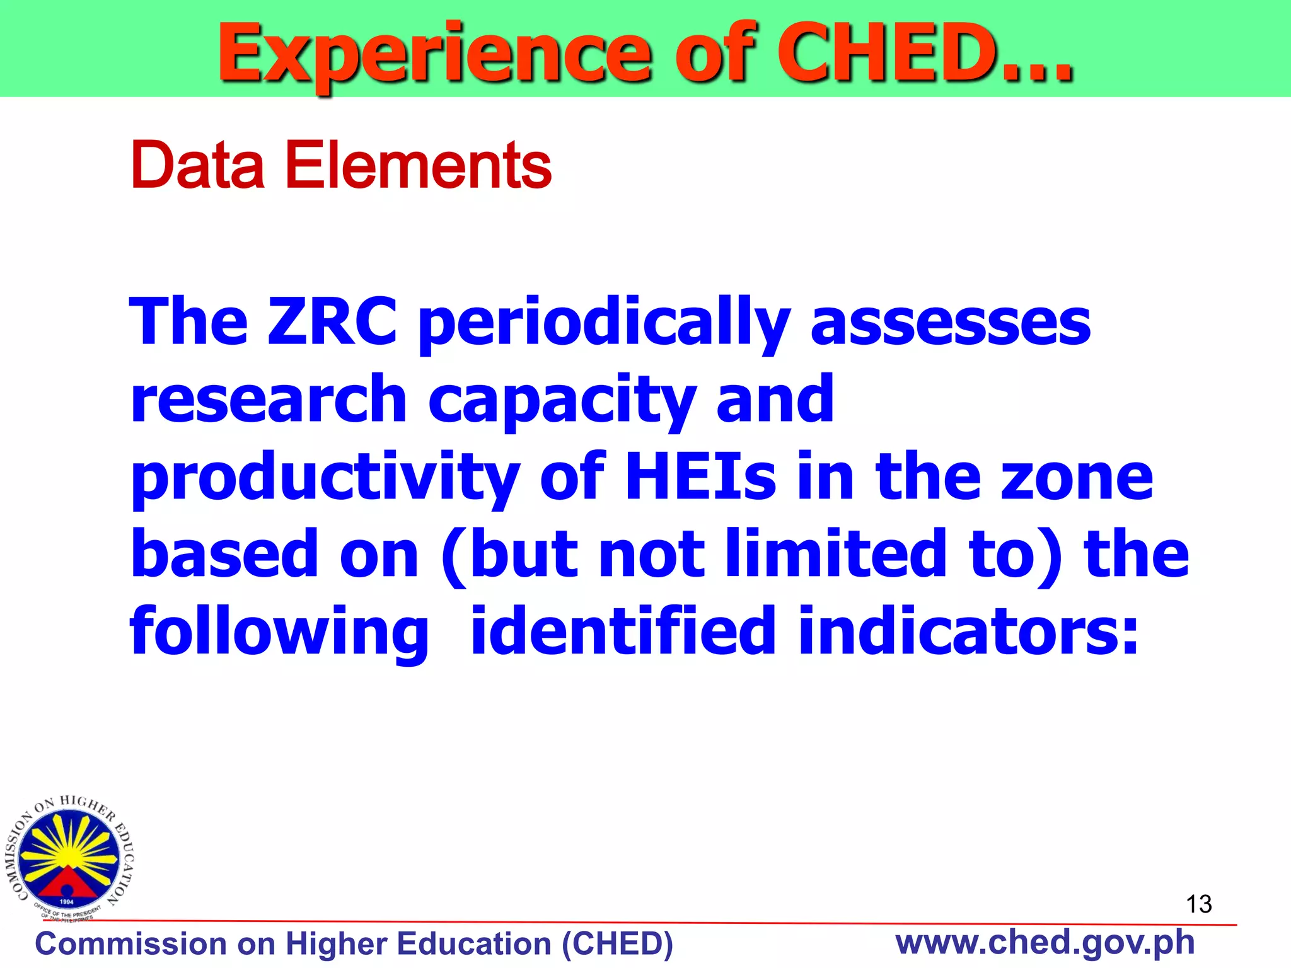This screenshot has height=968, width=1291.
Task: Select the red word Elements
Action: pos(418,165)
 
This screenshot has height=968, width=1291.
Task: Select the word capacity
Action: pos(561,401)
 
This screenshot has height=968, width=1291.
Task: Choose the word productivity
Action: pos(325,478)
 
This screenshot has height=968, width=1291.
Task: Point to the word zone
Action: pos(1077,478)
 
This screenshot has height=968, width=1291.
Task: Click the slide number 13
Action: pos(1198,904)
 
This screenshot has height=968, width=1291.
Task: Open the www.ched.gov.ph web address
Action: pos(1045,942)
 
